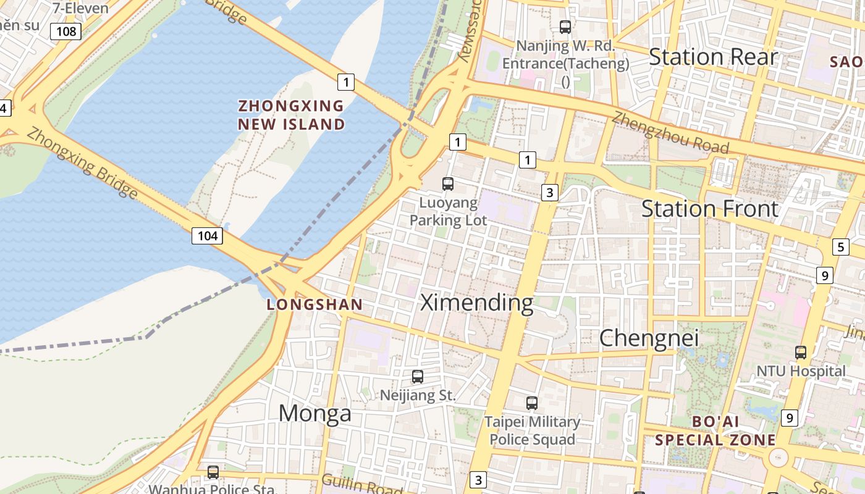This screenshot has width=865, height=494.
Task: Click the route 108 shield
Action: [x=65, y=31]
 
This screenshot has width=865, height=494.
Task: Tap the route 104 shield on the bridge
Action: [x=207, y=235]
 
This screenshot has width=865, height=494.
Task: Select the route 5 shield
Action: [x=840, y=247]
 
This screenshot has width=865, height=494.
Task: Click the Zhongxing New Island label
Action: [x=292, y=115]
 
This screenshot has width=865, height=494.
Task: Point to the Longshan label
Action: [x=314, y=304]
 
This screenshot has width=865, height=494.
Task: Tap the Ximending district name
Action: [x=476, y=303]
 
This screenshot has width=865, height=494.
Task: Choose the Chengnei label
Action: [x=649, y=338]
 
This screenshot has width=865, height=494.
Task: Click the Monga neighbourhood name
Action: [x=315, y=413]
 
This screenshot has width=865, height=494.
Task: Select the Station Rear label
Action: [x=713, y=57]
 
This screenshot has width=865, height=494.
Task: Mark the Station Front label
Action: [x=710, y=209]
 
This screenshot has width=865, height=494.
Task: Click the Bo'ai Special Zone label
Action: [x=715, y=431]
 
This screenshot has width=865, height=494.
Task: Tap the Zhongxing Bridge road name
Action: [x=82, y=162]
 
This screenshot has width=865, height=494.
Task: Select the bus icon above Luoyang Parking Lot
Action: [x=448, y=183]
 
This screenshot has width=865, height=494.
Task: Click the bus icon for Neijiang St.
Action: [x=418, y=376]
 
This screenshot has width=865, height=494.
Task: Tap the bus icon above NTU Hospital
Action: [x=801, y=353]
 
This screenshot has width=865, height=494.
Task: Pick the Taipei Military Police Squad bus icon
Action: [x=532, y=403]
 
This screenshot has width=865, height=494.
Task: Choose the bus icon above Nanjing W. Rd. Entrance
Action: [x=565, y=27]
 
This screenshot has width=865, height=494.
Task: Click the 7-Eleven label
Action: [x=81, y=9]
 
